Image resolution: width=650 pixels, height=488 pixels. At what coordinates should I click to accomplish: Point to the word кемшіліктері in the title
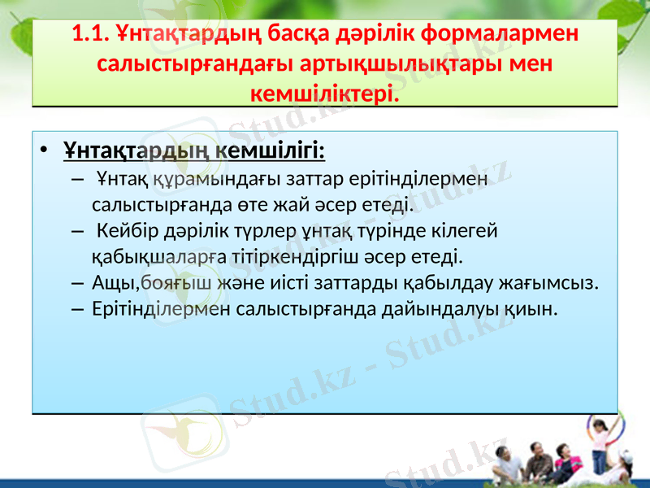324,94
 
